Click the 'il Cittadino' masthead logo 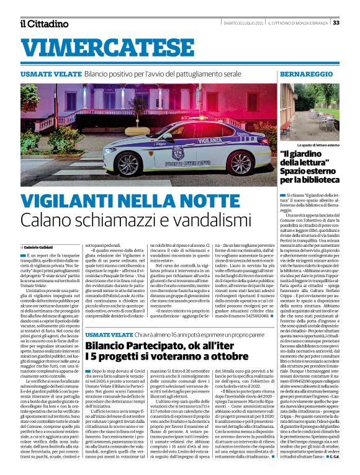click(x=44, y=24)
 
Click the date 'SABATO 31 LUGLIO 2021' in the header click(x=244, y=23)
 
